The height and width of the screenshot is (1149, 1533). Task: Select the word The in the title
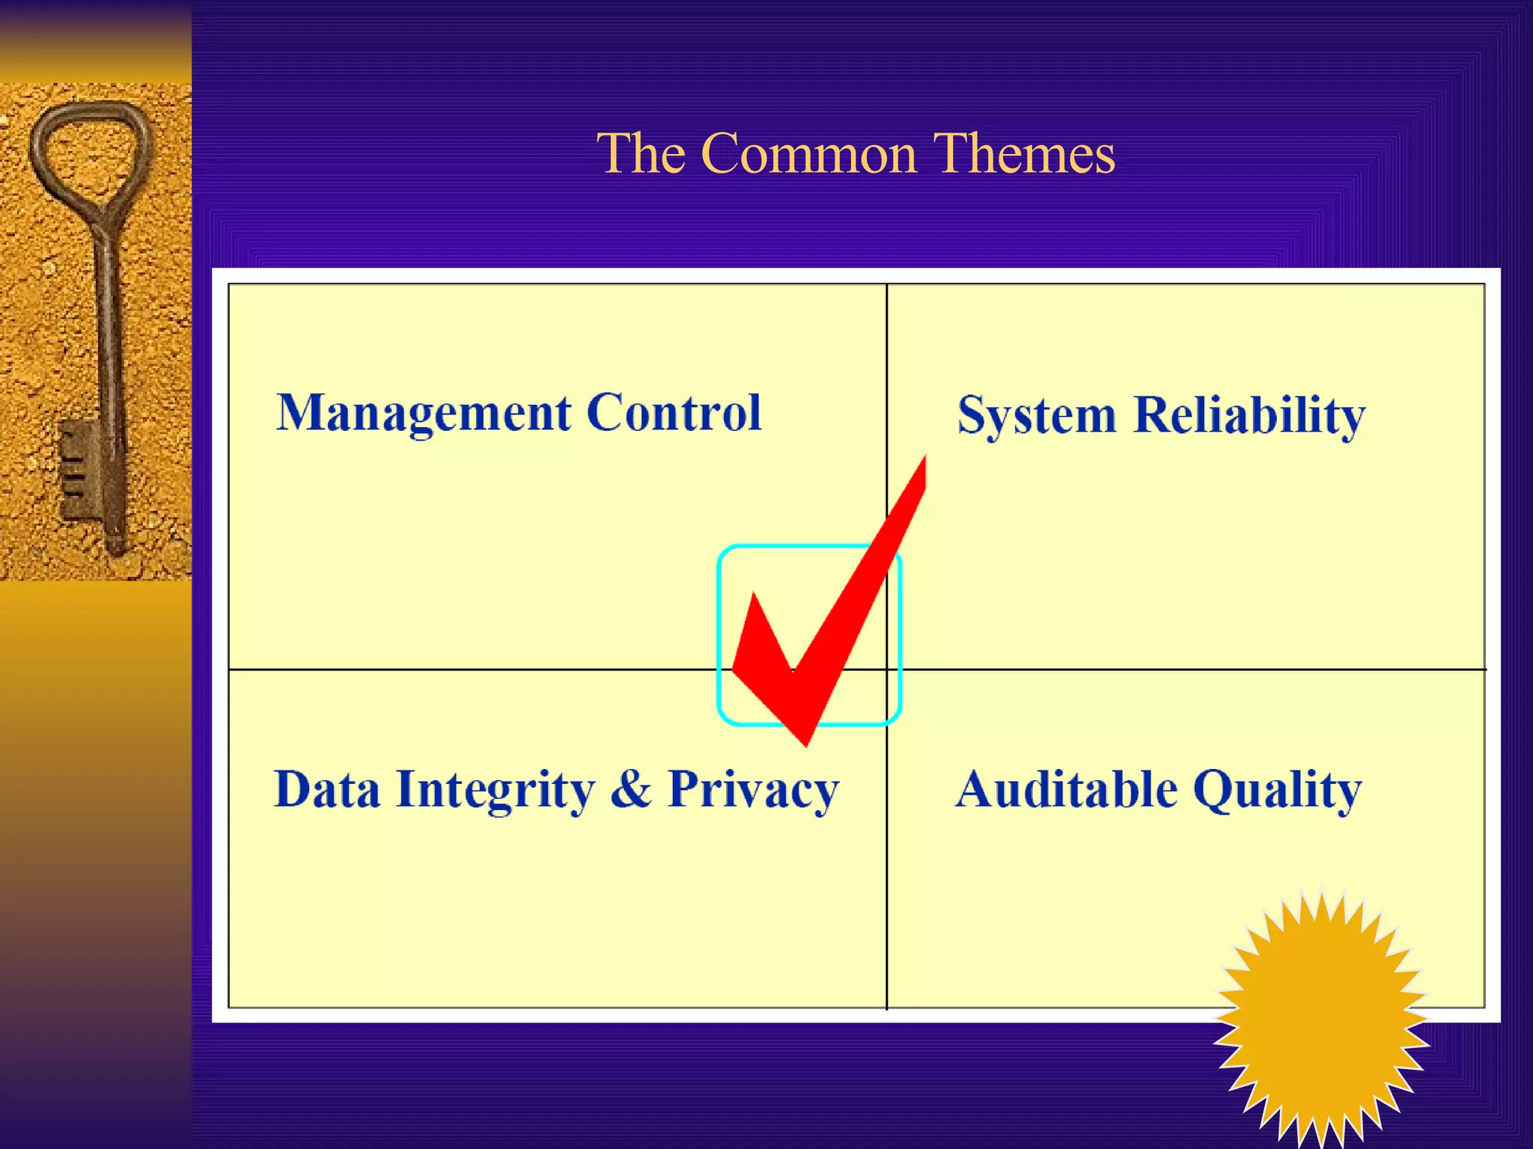point(641,153)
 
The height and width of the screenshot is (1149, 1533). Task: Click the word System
point(1037,416)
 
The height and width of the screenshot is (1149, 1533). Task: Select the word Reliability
point(1249,416)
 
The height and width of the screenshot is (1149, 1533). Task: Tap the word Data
point(327,789)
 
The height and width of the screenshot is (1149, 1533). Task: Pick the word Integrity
point(496,791)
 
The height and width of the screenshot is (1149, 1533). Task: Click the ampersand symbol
point(631,789)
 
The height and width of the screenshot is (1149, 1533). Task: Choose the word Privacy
point(753,791)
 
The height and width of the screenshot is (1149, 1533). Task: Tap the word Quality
point(1277,791)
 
